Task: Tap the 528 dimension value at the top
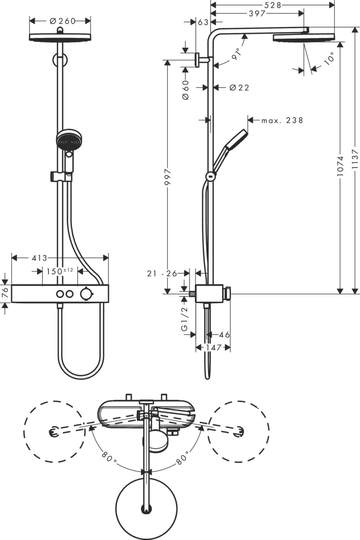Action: tap(273, 5)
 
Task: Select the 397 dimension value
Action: tap(257, 13)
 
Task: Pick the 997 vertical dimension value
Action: tap(167, 177)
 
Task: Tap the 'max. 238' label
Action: tap(282, 120)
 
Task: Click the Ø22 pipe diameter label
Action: tap(239, 88)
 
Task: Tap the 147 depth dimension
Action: tap(213, 347)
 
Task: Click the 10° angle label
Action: tap(329, 58)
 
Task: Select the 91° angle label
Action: tap(236, 54)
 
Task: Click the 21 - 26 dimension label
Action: tap(162, 274)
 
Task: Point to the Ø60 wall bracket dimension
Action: tap(185, 90)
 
